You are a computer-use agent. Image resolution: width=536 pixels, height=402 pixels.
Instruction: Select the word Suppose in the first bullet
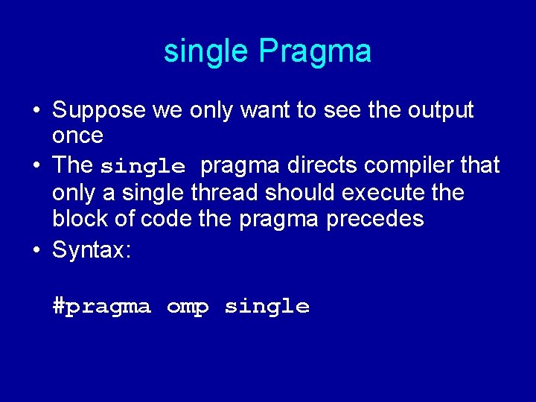[x=99, y=111]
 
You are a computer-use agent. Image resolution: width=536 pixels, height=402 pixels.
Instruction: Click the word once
[x=77, y=135]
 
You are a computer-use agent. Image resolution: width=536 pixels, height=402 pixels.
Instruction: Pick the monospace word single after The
[x=142, y=165]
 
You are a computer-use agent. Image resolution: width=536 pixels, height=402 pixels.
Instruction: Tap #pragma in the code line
[x=102, y=307]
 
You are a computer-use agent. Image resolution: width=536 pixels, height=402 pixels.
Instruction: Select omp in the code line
[x=188, y=307]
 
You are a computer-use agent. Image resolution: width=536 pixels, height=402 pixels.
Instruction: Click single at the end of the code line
[x=267, y=306]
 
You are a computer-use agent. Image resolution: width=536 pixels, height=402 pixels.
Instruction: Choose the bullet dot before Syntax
[x=36, y=250]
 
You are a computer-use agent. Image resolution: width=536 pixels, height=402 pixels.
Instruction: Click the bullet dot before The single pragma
[x=36, y=165]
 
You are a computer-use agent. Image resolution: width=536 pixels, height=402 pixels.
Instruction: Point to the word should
[x=301, y=193]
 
